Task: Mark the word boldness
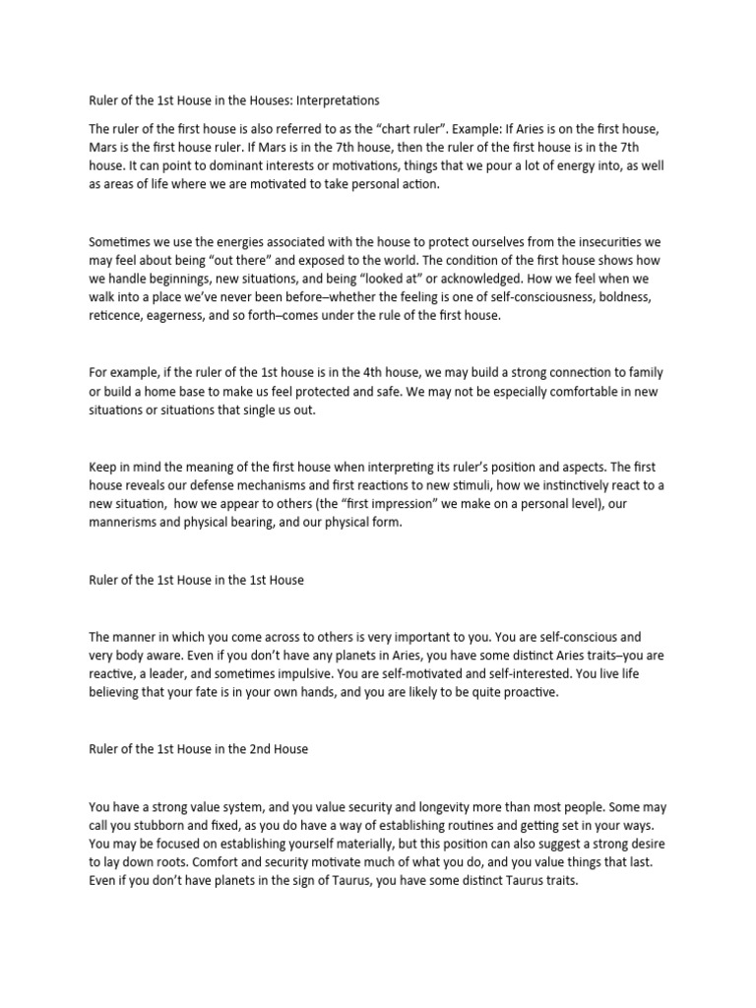pyautogui.click(x=631, y=298)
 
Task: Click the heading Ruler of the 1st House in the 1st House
pyautogui.click(x=197, y=580)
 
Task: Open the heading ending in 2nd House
pyautogui.click(x=198, y=750)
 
